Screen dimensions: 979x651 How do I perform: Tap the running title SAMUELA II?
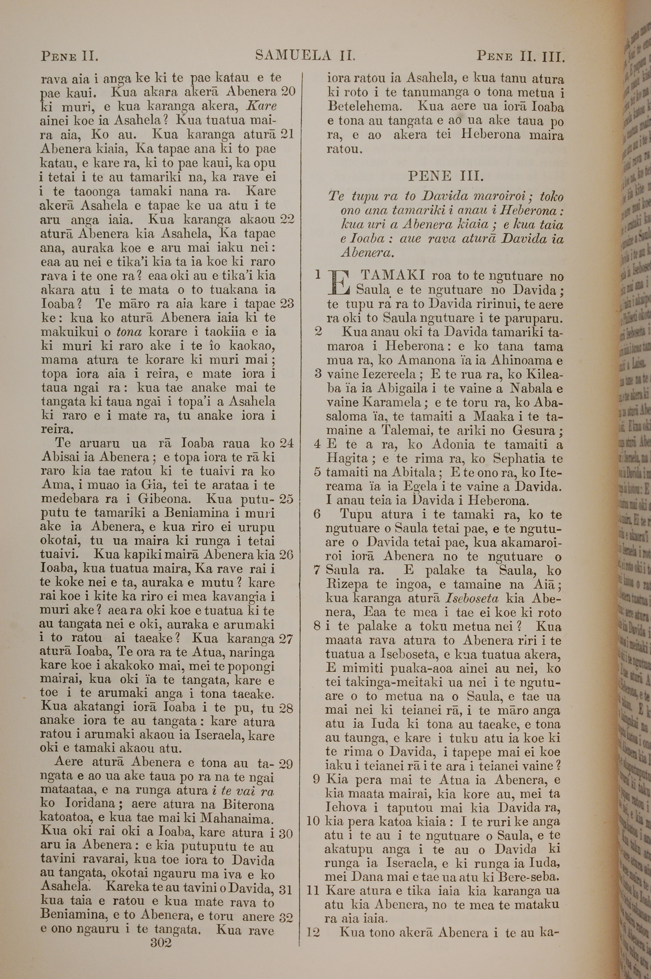click(305, 55)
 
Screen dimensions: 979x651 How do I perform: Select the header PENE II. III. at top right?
click(520, 56)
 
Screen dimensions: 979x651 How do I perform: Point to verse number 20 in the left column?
click(288, 91)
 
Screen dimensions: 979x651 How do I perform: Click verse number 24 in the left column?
click(287, 443)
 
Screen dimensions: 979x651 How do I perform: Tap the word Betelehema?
click(364, 107)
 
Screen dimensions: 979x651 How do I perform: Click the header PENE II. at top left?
click(69, 56)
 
